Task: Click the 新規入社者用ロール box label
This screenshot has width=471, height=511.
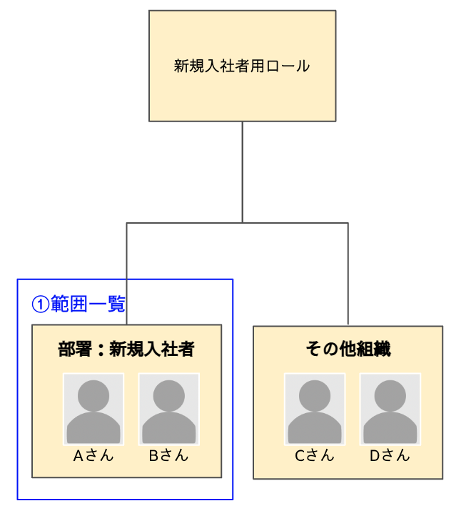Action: (242, 66)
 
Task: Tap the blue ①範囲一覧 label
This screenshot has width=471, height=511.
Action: (78, 304)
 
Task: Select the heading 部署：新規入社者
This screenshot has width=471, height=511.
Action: (126, 349)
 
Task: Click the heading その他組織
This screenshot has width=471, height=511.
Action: (348, 349)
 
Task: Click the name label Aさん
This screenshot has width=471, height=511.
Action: (93, 456)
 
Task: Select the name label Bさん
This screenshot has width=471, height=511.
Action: (169, 456)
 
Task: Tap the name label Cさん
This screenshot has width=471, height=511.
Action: (315, 456)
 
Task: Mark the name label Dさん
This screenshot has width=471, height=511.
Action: (390, 456)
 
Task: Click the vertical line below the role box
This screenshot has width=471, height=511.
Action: (243, 172)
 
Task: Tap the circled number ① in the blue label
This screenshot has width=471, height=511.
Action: (40, 304)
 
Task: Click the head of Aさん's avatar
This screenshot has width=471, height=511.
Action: (93, 395)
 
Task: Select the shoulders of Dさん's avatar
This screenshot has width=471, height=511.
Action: (390, 429)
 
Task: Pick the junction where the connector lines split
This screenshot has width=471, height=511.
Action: (243, 223)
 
